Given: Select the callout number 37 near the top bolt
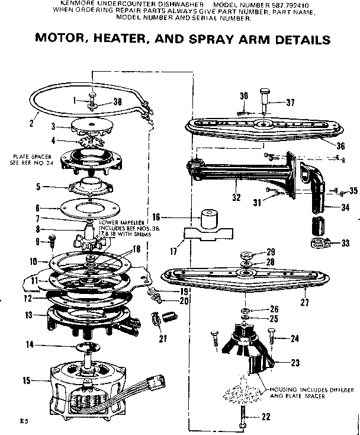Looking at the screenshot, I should pyautogui.click(x=290, y=103).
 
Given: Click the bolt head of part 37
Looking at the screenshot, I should pyautogui.click(x=265, y=91).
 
